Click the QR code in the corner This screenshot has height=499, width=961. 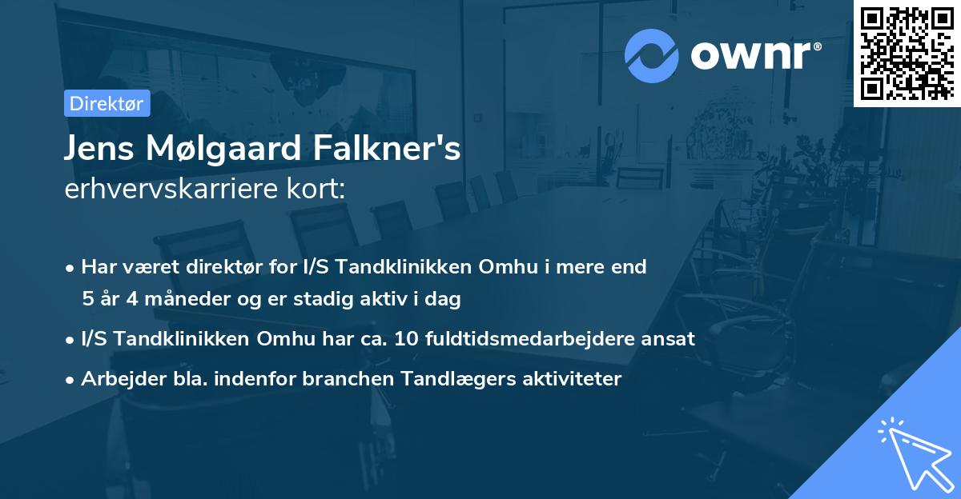[907, 53]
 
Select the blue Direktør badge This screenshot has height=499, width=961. [107, 103]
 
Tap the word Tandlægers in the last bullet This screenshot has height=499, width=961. [452, 379]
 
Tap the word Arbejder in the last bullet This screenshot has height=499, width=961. [118, 379]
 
